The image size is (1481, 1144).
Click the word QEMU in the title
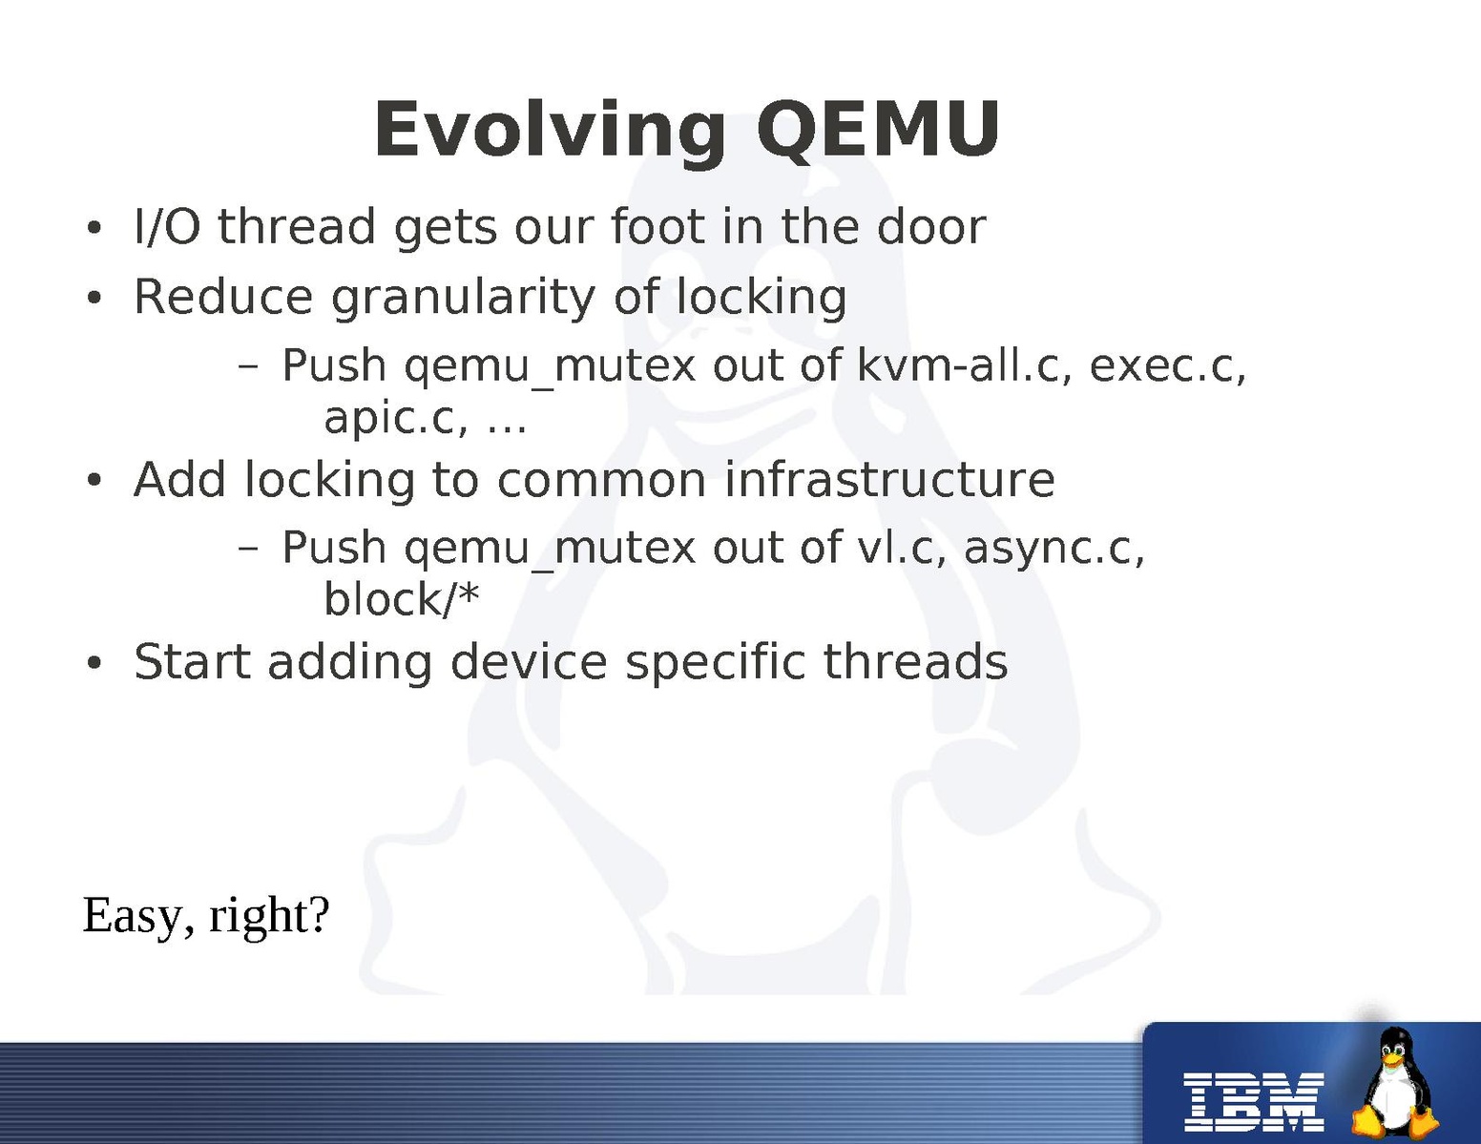coord(878,131)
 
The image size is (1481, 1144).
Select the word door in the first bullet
coord(931,226)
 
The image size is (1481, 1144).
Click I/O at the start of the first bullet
coord(168,226)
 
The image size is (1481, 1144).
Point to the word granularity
coord(463,299)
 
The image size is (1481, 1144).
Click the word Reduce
coord(223,297)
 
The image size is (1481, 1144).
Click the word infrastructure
coord(889,480)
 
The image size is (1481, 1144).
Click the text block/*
coord(402,599)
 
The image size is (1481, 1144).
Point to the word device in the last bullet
coord(529,661)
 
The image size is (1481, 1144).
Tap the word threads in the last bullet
coord(915,661)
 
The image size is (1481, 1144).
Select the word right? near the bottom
coord(270,917)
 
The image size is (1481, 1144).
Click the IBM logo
coord(1254,1102)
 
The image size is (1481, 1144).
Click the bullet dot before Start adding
coord(94,662)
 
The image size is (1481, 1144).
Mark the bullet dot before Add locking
coord(94,480)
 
